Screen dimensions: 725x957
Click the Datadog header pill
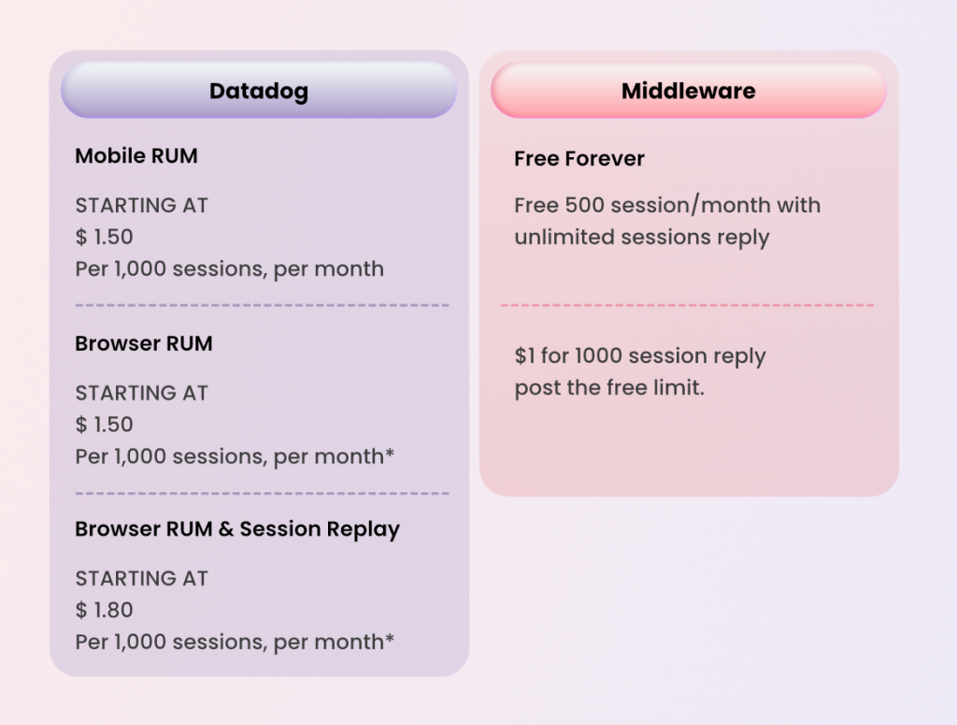[259, 91]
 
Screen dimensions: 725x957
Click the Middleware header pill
[689, 91]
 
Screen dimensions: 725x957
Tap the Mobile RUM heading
[136, 156]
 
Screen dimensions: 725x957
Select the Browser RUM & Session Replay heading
[237, 529]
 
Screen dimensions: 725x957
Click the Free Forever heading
[579, 159]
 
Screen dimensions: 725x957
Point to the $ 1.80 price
[105, 610]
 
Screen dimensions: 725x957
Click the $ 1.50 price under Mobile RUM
[105, 237]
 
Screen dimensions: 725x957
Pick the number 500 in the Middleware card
[585, 206]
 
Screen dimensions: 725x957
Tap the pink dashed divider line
[688, 305]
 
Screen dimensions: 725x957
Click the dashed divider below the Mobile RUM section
[262, 305]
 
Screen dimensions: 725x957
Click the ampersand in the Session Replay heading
[225, 529]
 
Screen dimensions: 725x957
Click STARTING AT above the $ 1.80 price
[141, 579]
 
